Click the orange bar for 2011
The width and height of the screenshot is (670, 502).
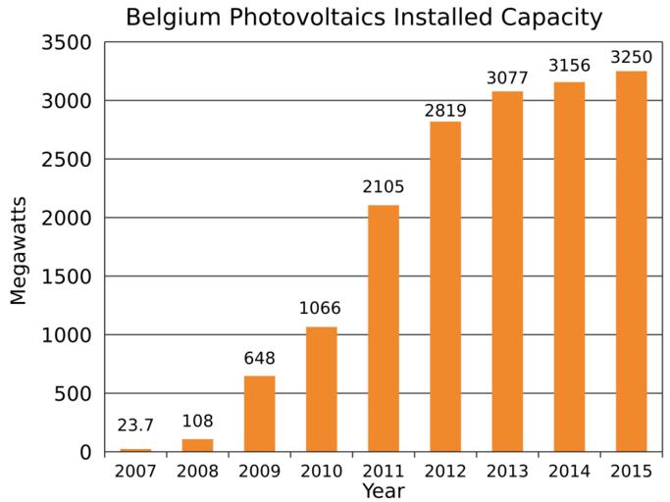pyautogui.click(x=383, y=328)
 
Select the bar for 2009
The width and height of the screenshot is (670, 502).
pyautogui.click(x=259, y=414)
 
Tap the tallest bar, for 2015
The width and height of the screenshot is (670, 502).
pyautogui.click(x=631, y=261)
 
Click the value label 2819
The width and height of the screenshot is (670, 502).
pyautogui.click(x=445, y=111)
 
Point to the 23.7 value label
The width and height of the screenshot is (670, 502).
pyautogui.click(x=135, y=426)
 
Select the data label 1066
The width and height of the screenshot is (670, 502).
pyautogui.click(x=321, y=309)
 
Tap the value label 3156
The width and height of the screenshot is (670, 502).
pyautogui.click(x=569, y=67)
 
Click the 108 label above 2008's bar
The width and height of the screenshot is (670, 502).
pyautogui.click(x=197, y=422)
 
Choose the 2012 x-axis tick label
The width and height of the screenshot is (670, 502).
pyautogui.click(x=445, y=472)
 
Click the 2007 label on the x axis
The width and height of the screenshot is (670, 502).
pyautogui.click(x=135, y=472)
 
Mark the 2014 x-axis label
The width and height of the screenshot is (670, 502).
pyautogui.click(x=569, y=472)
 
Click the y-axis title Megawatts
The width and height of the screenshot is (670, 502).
pyautogui.click(x=20, y=250)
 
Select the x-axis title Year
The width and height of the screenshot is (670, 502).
pyautogui.click(x=383, y=490)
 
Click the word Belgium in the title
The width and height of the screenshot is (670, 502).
pyautogui.click(x=171, y=18)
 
